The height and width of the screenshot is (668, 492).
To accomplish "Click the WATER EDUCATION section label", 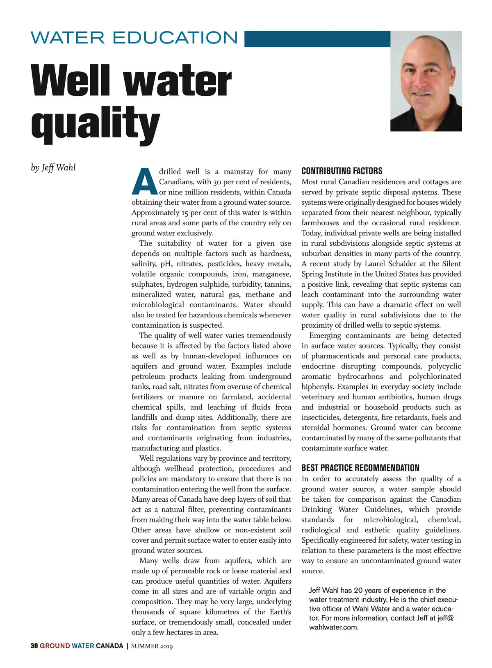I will tap(134, 38).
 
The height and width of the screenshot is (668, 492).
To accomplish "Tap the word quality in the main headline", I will tap(95, 123).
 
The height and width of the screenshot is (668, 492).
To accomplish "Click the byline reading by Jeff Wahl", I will tap(53, 168).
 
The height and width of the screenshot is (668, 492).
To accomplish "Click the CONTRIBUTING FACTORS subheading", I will tap(342, 171).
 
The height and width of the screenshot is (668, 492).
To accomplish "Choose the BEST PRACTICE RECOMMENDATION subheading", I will tap(360, 468).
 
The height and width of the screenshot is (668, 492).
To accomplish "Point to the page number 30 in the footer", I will tap(34, 646).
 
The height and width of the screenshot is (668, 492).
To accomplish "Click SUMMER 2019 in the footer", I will tap(152, 646).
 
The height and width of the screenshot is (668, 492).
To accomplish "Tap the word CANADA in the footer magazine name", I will tap(109, 646).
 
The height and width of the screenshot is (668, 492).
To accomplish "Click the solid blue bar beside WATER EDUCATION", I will tap(317, 39).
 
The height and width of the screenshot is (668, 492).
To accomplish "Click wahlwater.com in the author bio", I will tap(334, 627).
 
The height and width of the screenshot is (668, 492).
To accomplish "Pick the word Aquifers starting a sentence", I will tap(278, 581).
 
